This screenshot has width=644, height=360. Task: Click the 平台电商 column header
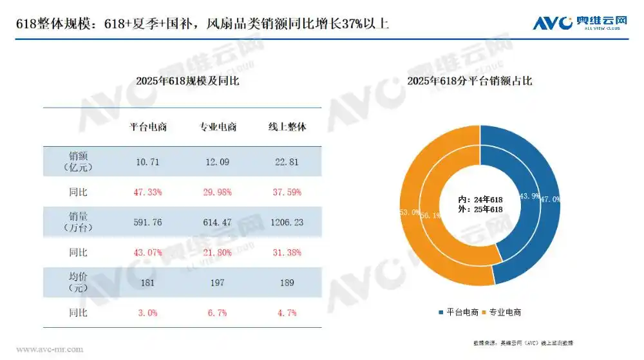click(148, 127)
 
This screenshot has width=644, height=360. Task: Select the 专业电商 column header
click(218, 127)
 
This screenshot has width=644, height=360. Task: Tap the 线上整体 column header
click(287, 127)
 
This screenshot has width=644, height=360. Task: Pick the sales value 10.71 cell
click(148, 162)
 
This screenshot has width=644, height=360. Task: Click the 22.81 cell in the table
click(287, 162)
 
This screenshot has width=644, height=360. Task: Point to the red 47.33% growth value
click(148, 192)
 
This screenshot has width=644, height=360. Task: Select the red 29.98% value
click(218, 192)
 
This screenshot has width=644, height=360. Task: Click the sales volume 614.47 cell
click(218, 222)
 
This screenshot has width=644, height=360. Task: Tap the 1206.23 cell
click(287, 222)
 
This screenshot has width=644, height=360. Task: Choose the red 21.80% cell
click(218, 252)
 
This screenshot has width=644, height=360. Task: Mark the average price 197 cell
click(218, 283)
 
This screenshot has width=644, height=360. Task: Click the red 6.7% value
click(218, 312)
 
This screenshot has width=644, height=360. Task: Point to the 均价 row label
click(78, 283)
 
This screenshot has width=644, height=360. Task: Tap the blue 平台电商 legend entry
click(459, 312)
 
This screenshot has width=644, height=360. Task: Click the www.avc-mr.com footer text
click(50, 350)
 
